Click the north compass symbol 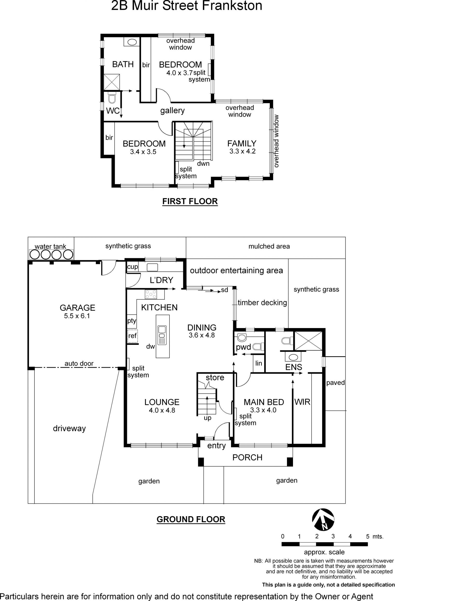pos(323,520)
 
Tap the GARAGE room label pos(77,307)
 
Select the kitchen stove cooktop pos(151,294)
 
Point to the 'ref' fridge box pos(132,336)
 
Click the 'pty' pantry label pos(132,321)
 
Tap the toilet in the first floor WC pos(112,98)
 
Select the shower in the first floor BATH pos(112,82)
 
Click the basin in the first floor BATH pos(132,42)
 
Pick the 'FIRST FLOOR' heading pos(190,201)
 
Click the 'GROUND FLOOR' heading pos(191,519)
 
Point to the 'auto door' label pos(79,363)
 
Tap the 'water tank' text pos(50,246)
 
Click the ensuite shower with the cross pos(308,341)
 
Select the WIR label pos(302,402)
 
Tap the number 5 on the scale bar pos(368,536)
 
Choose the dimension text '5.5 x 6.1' pos(77,316)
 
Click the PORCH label pos(247,457)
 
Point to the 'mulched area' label pos(269,246)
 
